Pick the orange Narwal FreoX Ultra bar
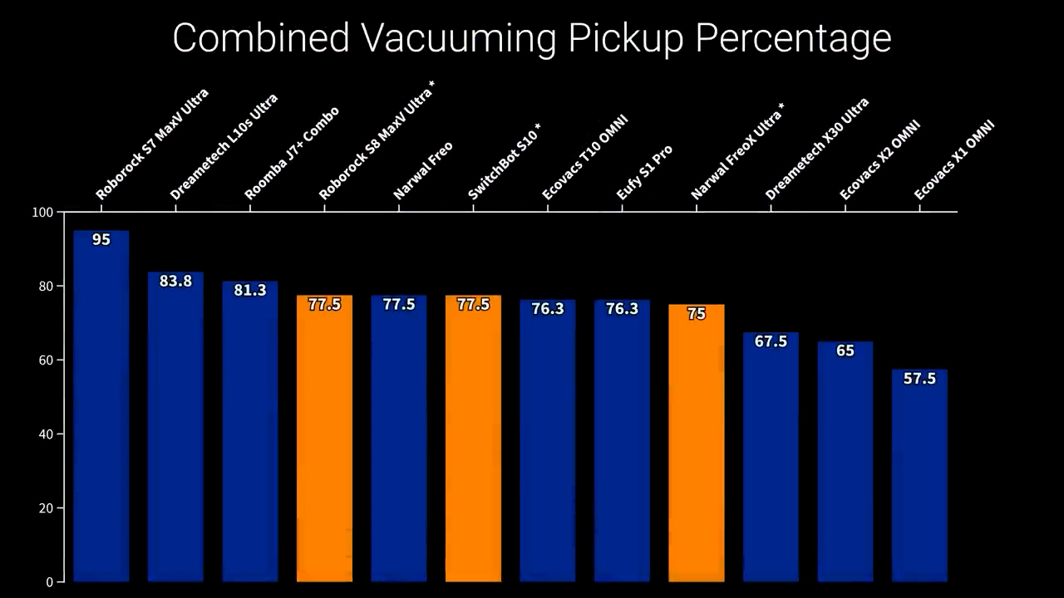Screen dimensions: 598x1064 pos(697,448)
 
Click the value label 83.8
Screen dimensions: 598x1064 pos(175,282)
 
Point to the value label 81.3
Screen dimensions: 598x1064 pos(250,291)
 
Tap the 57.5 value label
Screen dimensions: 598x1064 pos(919,379)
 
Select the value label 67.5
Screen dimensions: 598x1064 pos(771,341)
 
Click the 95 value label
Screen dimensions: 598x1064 pos(101,240)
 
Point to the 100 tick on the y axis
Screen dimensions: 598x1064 pos(42,213)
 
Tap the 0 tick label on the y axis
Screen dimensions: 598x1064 pos(49,582)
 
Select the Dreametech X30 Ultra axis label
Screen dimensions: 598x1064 pos(817,149)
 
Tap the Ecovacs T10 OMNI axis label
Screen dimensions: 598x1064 pos(584,158)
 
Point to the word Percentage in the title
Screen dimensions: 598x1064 pos(793,38)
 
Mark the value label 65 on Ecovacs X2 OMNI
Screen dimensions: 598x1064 pos(845,351)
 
